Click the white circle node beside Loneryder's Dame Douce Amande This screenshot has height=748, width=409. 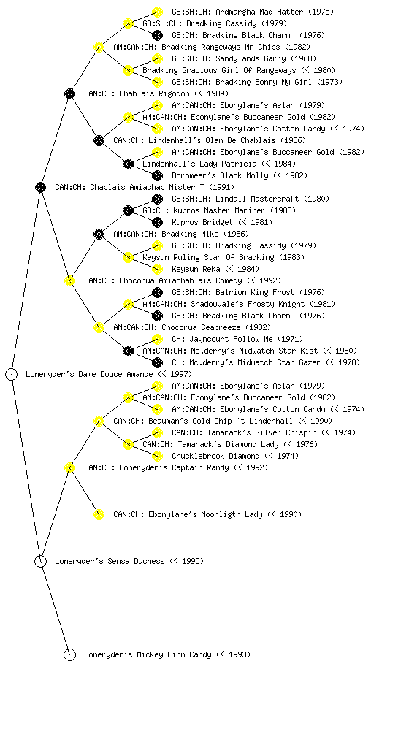click(12, 375)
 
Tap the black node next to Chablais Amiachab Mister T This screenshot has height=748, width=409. click(40, 188)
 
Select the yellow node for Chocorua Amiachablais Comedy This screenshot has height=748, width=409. click(69, 281)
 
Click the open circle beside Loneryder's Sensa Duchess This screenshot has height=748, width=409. click(40, 562)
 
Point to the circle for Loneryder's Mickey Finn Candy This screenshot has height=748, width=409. click(69, 655)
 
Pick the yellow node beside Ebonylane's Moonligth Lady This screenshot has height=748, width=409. click(99, 515)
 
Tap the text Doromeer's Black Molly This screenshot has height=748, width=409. click(220, 175)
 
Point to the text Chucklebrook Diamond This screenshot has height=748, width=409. click(215, 456)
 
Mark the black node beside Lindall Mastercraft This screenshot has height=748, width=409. click(157, 199)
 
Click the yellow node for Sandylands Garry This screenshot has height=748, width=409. click(157, 58)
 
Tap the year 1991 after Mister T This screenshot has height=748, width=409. click(221, 188)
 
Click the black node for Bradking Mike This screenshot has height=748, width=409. click(99, 234)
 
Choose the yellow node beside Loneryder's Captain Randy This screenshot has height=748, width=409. click(69, 468)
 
